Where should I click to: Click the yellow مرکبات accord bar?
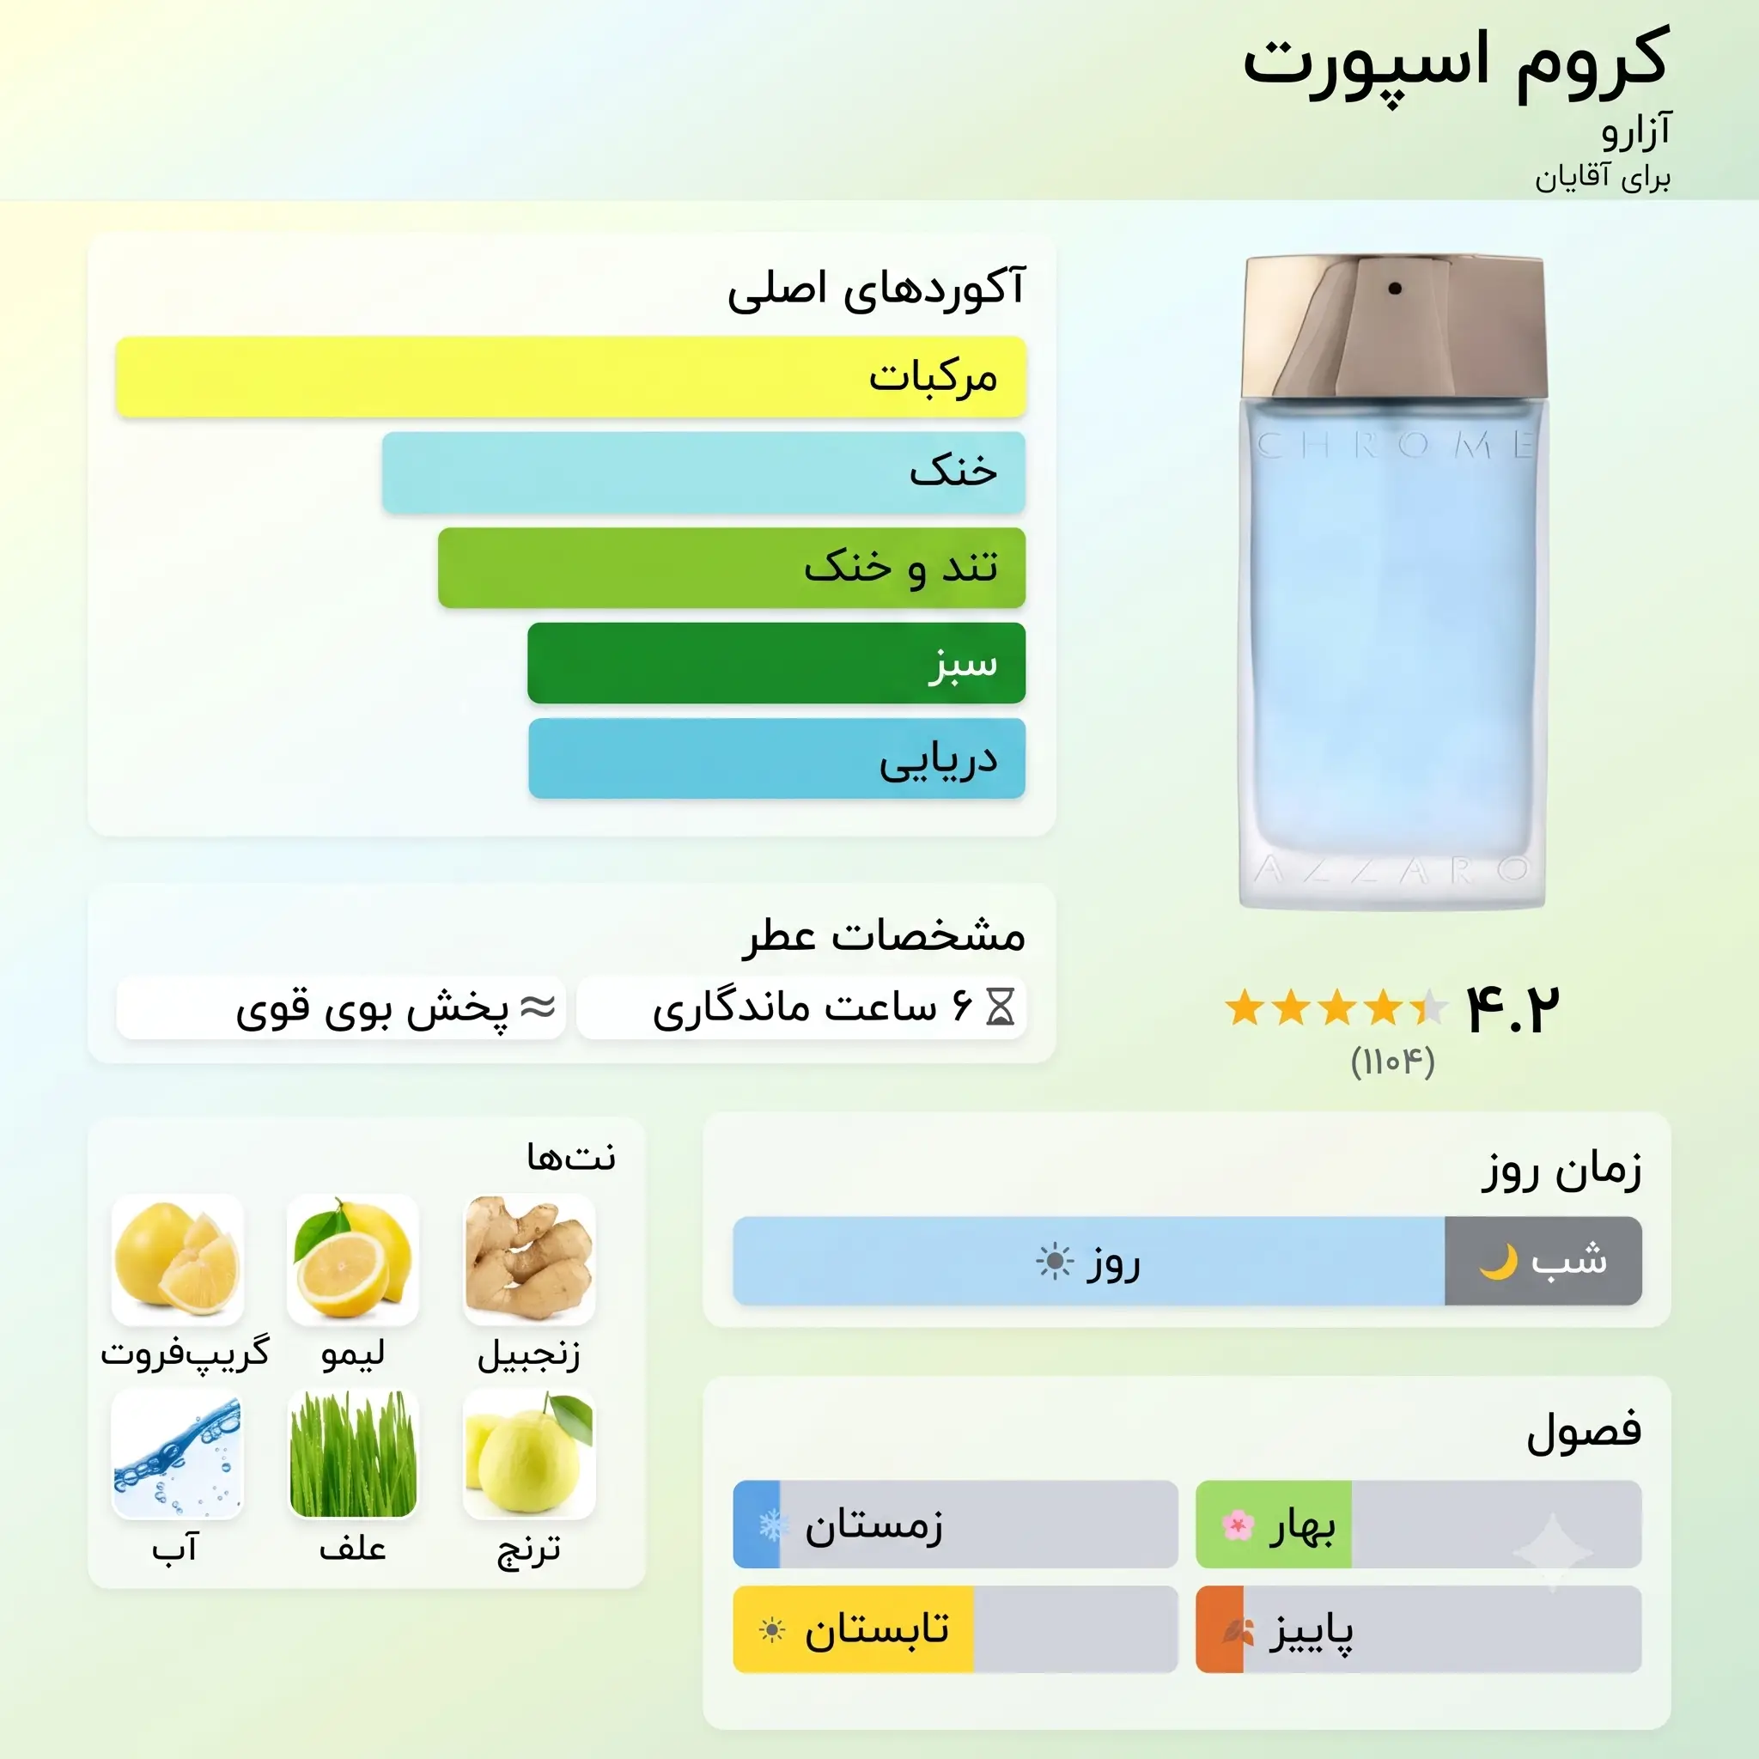click(571, 377)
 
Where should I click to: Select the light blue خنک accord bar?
click(703, 472)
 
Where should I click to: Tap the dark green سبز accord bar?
click(776, 663)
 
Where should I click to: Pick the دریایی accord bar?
click(776, 758)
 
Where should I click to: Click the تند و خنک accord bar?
click(732, 568)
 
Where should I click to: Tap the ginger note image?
click(529, 1260)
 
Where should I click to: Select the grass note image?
click(353, 1455)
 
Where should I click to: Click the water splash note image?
click(178, 1455)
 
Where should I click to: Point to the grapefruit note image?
click(178, 1260)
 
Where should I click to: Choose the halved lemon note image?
click(353, 1260)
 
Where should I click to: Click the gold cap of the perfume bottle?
click(1396, 325)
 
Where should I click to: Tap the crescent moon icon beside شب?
click(1499, 1262)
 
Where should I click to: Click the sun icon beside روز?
click(1056, 1262)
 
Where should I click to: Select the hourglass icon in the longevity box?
click(1001, 1007)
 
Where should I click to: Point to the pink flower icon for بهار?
click(1239, 1525)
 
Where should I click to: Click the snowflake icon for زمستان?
click(773, 1525)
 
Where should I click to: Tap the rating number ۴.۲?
click(1512, 1009)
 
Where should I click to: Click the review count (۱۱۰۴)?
click(1393, 1062)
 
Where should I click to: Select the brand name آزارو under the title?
click(1636, 132)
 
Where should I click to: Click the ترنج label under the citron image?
click(529, 1549)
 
